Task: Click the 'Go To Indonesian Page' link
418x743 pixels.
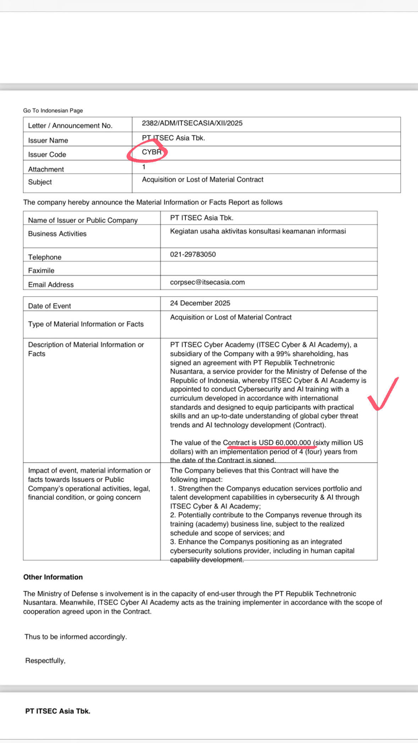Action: (x=53, y=111)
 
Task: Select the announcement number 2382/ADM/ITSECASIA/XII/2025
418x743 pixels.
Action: (x=192, y=123)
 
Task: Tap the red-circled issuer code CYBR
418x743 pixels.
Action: (x=151, y=152)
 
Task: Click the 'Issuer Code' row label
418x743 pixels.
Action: (x=47, y=155)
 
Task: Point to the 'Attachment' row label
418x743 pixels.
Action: (x=46, y=169)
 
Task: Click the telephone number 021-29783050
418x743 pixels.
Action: (x=193, y=255)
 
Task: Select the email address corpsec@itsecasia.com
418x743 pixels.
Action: (x=207, y=283)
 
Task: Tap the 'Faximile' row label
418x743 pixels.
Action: (x=41, y=271)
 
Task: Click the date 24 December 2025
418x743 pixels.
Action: (x=200, y=303)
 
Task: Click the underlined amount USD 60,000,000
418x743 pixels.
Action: (x=284, y=443)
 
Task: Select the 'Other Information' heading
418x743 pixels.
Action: (x=53, y=577)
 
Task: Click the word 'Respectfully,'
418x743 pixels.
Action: (x=45, y=661)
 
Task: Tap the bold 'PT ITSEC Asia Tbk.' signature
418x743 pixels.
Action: (x=58, y=711)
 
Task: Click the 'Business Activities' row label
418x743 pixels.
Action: (x=57, y=234)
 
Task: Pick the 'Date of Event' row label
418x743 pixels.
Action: (x=50, y=306)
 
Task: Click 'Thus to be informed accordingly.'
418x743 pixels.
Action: (x=76, y=637)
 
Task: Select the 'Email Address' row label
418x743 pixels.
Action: (x=51, y=285)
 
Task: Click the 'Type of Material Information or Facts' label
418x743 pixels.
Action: (x=86, y=324)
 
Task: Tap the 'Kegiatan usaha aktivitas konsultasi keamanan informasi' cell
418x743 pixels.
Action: (x=258, y=231)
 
